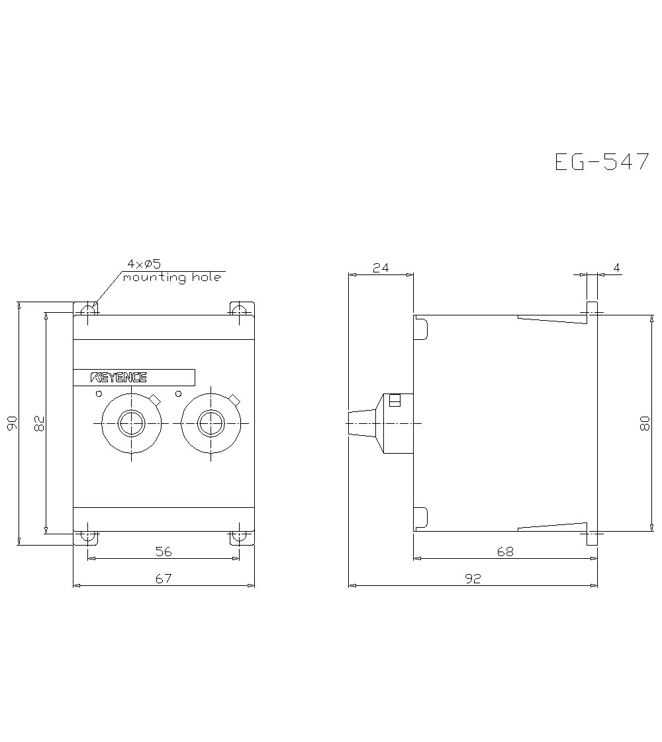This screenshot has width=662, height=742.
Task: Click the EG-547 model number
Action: [x=602, y=162]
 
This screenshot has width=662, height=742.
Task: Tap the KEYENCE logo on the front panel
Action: [x=118, y=378]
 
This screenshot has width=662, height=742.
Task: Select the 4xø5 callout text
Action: [x=144, y=265]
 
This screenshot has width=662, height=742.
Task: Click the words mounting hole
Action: [x=172, y=278]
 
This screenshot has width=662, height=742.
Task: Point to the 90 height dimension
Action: [x=11, y=424]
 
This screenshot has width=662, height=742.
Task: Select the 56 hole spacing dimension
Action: [x=164, y=551]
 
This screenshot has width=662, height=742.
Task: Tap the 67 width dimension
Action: [x=164, y=579]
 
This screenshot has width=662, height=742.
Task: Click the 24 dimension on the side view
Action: [x=381, y=268]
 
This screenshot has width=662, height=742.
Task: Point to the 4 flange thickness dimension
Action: [x=616, y=268]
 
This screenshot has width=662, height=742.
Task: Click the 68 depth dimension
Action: [x=505, y=551]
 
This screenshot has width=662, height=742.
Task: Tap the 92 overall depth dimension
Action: [x=473, y=579]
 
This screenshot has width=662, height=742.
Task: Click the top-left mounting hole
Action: [x=87, y=309]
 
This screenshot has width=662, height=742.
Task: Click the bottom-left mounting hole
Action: [x=87, y=536]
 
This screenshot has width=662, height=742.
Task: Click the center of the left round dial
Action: [x=132, y=423]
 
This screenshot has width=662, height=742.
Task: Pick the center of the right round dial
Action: [x=211, y=423]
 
